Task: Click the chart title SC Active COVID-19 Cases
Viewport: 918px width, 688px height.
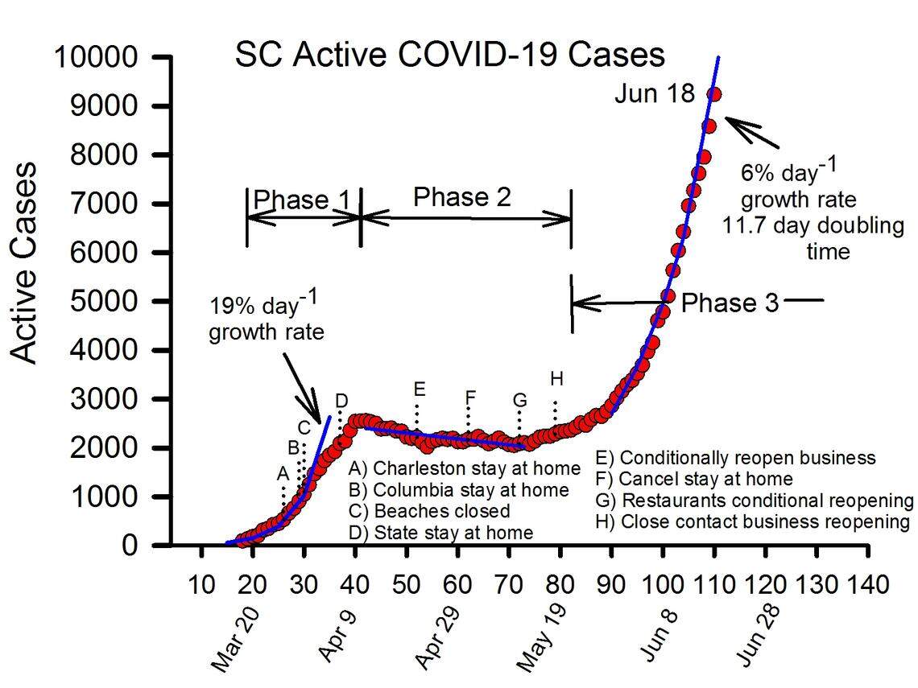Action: click(449, 55)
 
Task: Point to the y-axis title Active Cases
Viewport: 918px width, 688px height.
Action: click(26, 262)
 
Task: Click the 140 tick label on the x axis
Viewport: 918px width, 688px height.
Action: click(866, 583)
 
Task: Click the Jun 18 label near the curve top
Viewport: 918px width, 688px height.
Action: click(654, 94)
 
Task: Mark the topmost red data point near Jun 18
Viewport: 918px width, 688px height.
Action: click(713, 94)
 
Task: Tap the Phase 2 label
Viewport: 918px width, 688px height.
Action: click(462, 197)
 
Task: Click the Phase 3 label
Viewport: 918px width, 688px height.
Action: click(730, 303)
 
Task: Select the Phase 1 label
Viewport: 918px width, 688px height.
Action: click(291, 200)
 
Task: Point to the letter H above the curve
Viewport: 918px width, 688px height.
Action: click(556, 377)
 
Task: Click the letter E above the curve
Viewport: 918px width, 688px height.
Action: click(419, 389)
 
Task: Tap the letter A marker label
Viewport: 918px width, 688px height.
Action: click(283, 473)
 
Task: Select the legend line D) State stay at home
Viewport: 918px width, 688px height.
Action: click(440, 532)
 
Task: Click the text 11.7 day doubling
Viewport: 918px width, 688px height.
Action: click(813, 225)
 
